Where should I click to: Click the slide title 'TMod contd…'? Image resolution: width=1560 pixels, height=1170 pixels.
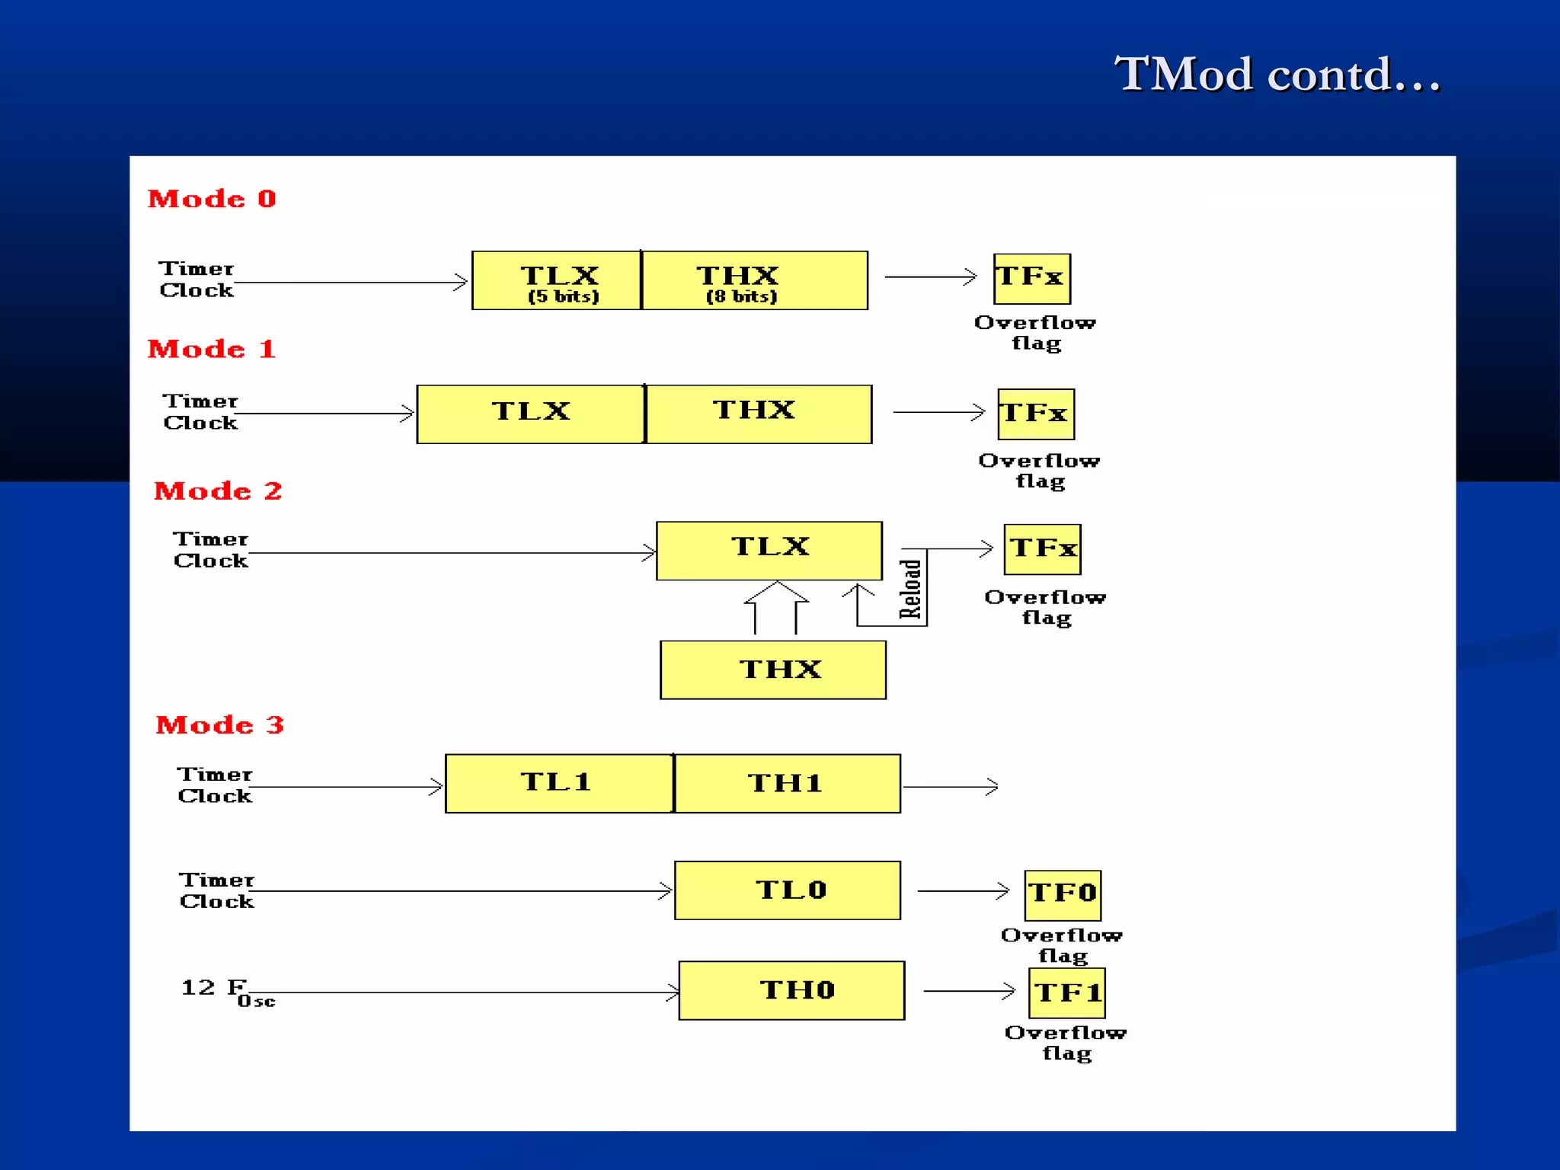click(x=1277, y=75)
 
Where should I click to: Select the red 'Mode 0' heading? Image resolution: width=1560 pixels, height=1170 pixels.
click(x=212, y=199)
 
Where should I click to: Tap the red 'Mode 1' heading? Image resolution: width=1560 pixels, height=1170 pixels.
click(x=212, y=349)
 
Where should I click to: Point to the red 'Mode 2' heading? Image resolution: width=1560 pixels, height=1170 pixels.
click(x=218, y=491)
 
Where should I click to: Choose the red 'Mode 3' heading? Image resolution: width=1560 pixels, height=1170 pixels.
click(x=219, y=724)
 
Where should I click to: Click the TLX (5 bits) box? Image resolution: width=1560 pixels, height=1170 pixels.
click(x=557, y=280)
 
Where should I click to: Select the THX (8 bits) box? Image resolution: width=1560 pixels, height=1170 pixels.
click(x=754, y=280)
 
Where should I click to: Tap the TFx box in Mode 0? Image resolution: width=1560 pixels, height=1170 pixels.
click(x=1032, y=279)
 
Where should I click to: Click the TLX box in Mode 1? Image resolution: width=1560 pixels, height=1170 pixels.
click(x=531, y=414)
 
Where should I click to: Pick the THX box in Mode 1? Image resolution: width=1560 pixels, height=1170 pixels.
click(x=759, y=414)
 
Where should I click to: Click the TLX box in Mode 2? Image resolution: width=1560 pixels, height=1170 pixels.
click(x=769, y=550)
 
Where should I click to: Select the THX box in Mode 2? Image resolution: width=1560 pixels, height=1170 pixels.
click(x=773, y=670)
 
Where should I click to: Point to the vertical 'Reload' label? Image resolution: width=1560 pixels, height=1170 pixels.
click(x=911, y=589)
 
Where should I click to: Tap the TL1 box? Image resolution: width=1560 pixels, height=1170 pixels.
click(x=559, y=783)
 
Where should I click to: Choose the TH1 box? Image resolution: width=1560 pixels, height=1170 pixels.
click(x=788, y=783)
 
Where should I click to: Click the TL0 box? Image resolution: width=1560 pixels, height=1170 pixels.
click(x=788, y=890)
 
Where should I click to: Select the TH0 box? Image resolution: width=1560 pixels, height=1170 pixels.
click(x=791, y=990)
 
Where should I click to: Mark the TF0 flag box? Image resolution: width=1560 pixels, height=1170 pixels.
click(x=1063, y=895)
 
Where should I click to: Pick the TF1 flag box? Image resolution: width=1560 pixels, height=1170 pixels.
click(x=1066, y=993)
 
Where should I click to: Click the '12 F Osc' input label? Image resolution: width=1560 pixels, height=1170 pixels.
click(x=227, y=992)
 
